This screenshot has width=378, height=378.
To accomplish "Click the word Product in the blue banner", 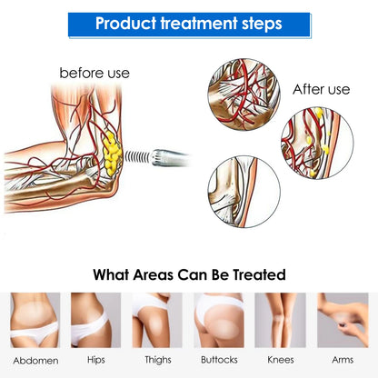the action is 125,24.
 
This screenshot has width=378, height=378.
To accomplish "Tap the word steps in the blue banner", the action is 262,25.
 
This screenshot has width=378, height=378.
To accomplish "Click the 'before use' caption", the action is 94,73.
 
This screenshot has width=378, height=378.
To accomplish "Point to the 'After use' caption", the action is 321,89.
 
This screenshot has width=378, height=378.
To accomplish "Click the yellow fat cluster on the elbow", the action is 112,154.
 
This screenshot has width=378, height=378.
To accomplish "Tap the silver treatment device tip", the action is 170,158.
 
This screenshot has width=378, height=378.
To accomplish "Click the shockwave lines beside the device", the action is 137,156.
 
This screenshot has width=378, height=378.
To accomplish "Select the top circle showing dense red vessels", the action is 244,94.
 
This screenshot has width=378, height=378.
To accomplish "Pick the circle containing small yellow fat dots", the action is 317,143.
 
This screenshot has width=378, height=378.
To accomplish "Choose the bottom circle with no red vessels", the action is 244,192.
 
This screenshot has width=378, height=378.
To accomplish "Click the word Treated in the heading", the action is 259,274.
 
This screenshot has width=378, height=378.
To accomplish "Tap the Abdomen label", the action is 35,361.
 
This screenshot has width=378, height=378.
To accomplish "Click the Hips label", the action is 96,360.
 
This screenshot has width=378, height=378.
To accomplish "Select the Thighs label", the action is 158,360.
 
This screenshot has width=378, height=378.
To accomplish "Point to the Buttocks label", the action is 219,360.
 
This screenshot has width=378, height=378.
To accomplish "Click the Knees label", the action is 281,360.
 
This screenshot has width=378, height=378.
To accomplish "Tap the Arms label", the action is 343,360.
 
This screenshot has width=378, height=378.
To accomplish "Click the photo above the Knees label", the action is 280,320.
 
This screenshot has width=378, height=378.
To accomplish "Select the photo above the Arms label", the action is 343,320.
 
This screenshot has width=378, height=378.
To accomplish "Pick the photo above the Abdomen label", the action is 35,320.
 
